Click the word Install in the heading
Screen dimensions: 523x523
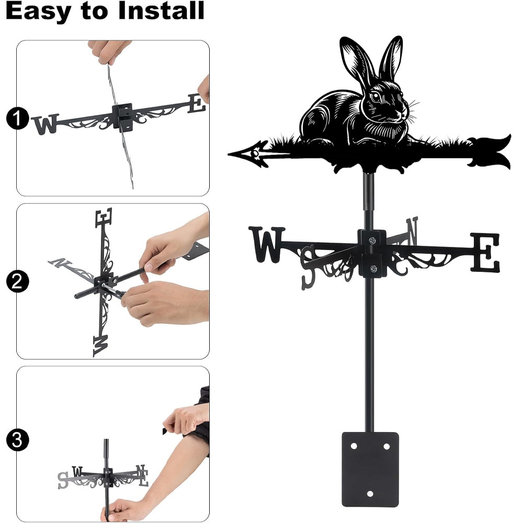click(161, 10)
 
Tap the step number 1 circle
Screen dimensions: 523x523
click(17, 118)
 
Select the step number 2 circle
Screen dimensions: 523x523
click(17, 281)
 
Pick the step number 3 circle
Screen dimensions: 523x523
click(17, 440)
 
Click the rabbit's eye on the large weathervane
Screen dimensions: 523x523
click(376, 96)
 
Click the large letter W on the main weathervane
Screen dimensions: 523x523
click(267, 244)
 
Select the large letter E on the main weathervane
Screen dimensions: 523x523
click(485, 253)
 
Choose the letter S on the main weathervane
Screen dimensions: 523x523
click(308, 267)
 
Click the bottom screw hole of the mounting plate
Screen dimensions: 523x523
click(370, 493)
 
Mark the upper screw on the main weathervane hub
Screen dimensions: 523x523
click(372, 240)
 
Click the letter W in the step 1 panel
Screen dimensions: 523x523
click(46, 124)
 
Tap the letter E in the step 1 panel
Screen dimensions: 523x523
click(197, 104)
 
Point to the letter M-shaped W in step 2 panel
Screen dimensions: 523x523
click(100, 346)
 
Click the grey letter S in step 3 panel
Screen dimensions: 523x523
click(63, 480)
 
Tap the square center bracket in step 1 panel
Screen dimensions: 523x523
click(123, 117)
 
